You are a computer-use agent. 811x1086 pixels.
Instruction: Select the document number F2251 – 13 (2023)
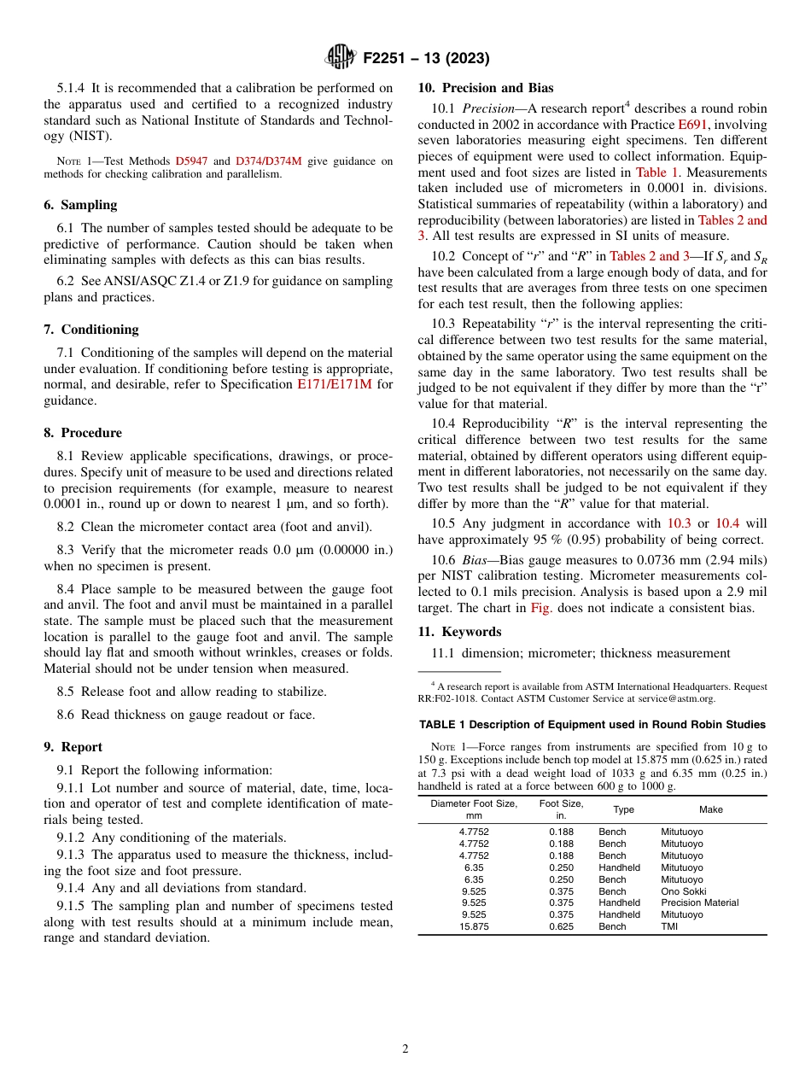click(x=426, y=59)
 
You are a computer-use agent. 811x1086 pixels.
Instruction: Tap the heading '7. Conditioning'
click(x=91, y=330)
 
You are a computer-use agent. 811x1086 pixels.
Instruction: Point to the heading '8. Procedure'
click(x=83, y=433)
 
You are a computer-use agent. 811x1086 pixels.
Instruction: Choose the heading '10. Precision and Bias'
click(x=485, y=88)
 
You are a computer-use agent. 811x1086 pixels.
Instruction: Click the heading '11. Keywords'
click(x=459, y=632)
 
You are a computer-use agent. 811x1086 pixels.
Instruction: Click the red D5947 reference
click(x=191, y=161)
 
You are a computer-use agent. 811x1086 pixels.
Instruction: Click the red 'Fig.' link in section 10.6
click(x=540, y=607)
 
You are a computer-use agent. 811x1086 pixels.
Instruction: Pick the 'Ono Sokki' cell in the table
click(x=683, y=891)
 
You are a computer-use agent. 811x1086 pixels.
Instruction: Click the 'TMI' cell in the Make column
click(x=669, y=926)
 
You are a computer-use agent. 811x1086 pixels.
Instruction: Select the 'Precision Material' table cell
click(x=699, y=902)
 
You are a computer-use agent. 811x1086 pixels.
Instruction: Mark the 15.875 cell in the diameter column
click(x=474, y=926)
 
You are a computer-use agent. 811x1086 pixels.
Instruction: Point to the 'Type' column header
click(x=623, y=809)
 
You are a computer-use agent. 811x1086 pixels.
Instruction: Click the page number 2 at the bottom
click(x=405, y=1049)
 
